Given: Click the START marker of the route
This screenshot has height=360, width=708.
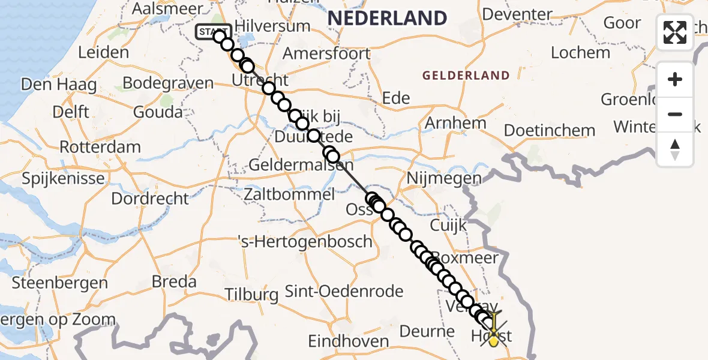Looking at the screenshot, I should (x=213, y=32).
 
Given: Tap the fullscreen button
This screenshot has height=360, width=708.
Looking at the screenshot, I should (x=675, y=32).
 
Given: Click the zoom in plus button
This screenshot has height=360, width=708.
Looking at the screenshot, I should (x=675, y=79).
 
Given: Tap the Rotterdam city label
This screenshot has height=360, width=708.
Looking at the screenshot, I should (x=101, y=147).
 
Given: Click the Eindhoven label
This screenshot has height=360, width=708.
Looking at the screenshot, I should (x=349, y=341).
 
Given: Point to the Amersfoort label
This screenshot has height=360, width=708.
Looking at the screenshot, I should (x=326, y=53).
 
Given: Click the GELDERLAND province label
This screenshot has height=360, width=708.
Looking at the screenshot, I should (x=466, y=76).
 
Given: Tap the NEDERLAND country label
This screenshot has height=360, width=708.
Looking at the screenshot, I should (x=387, y=18).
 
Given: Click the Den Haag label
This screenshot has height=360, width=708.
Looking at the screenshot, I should (x=59, y=85).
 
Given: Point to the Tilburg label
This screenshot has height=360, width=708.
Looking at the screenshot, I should (x=251, y=295).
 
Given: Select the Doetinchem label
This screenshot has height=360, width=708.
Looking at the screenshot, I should (x=550, y=130).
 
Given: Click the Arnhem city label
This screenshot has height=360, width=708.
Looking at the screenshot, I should (x=455, y=123).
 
